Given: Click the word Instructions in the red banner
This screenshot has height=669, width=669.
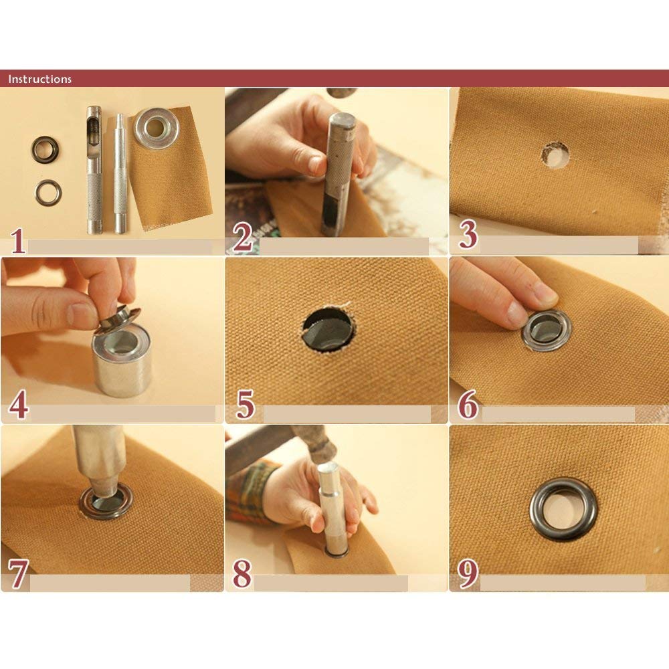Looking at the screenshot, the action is pos(39,79).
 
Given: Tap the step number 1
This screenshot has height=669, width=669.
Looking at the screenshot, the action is pos(17,241).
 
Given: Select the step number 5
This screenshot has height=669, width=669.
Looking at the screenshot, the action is pos(245,404).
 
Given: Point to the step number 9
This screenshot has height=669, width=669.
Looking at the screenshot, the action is pos(468,573).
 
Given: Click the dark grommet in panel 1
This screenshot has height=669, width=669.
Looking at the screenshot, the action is pos(45,149).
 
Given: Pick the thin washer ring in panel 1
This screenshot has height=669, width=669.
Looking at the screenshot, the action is pos(48,193).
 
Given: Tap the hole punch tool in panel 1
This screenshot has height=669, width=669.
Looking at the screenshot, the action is pos(94,170).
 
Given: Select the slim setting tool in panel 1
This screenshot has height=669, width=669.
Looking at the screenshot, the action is pos(120,173).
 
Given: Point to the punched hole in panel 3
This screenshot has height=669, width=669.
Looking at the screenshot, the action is pos(555,155).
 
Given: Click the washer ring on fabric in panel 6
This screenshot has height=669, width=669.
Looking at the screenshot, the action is pos(547,330).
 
